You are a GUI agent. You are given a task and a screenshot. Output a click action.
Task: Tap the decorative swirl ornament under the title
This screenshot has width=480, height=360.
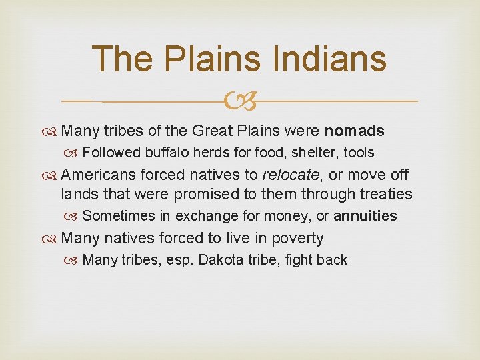click(x=240, y=101)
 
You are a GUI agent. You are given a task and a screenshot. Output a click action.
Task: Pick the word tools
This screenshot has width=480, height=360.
click(x=359, y=153)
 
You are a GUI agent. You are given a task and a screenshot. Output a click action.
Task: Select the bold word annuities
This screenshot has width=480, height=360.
click(x=365, y=216)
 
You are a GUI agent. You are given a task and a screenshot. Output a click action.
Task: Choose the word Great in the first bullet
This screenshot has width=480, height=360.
click(x=213, y=131)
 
